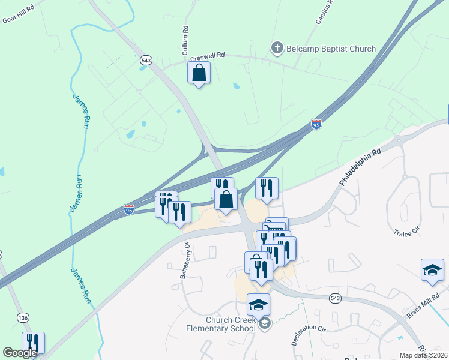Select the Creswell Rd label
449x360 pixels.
207,56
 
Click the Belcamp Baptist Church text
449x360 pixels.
331,49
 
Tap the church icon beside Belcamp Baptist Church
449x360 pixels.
277,47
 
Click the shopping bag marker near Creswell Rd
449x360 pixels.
199,73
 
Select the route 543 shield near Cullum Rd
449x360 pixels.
146,60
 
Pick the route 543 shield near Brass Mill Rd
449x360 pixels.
336,298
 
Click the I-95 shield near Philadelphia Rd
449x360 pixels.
316,124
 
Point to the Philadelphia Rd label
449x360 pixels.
360,167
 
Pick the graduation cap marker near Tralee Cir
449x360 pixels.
432,270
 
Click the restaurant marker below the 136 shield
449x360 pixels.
34,343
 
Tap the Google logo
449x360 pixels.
20,353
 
